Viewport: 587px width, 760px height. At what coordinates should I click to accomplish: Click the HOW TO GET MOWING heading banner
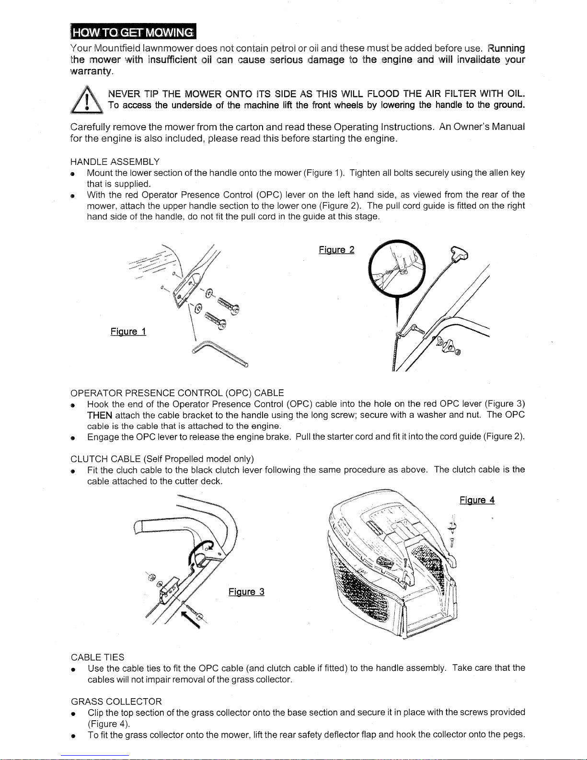click(x=133, y=32)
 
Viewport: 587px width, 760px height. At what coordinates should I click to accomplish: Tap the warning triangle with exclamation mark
click(x=87, y=100)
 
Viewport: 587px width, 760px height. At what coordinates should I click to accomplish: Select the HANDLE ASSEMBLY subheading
click(x=115, y=162)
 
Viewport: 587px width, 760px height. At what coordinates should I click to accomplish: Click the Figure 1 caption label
click(x=128, y=331)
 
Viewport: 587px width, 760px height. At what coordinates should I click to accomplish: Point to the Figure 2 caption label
click(x=336, y=250)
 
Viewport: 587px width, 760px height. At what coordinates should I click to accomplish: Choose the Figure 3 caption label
click(x=246, y=591)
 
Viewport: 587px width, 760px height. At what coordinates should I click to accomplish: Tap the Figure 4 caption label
click(x=477, y=500)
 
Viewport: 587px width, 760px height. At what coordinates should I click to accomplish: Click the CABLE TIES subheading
click(x=97, y=657)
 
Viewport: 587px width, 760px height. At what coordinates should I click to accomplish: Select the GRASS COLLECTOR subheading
click(x=116, y=701)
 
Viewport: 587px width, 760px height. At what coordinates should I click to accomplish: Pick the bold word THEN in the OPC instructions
click(x=100, y=415)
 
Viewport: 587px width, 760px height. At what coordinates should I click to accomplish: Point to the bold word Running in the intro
click(x=506, y=48)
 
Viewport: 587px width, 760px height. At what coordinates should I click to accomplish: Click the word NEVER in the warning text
click(x=124, y=94)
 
